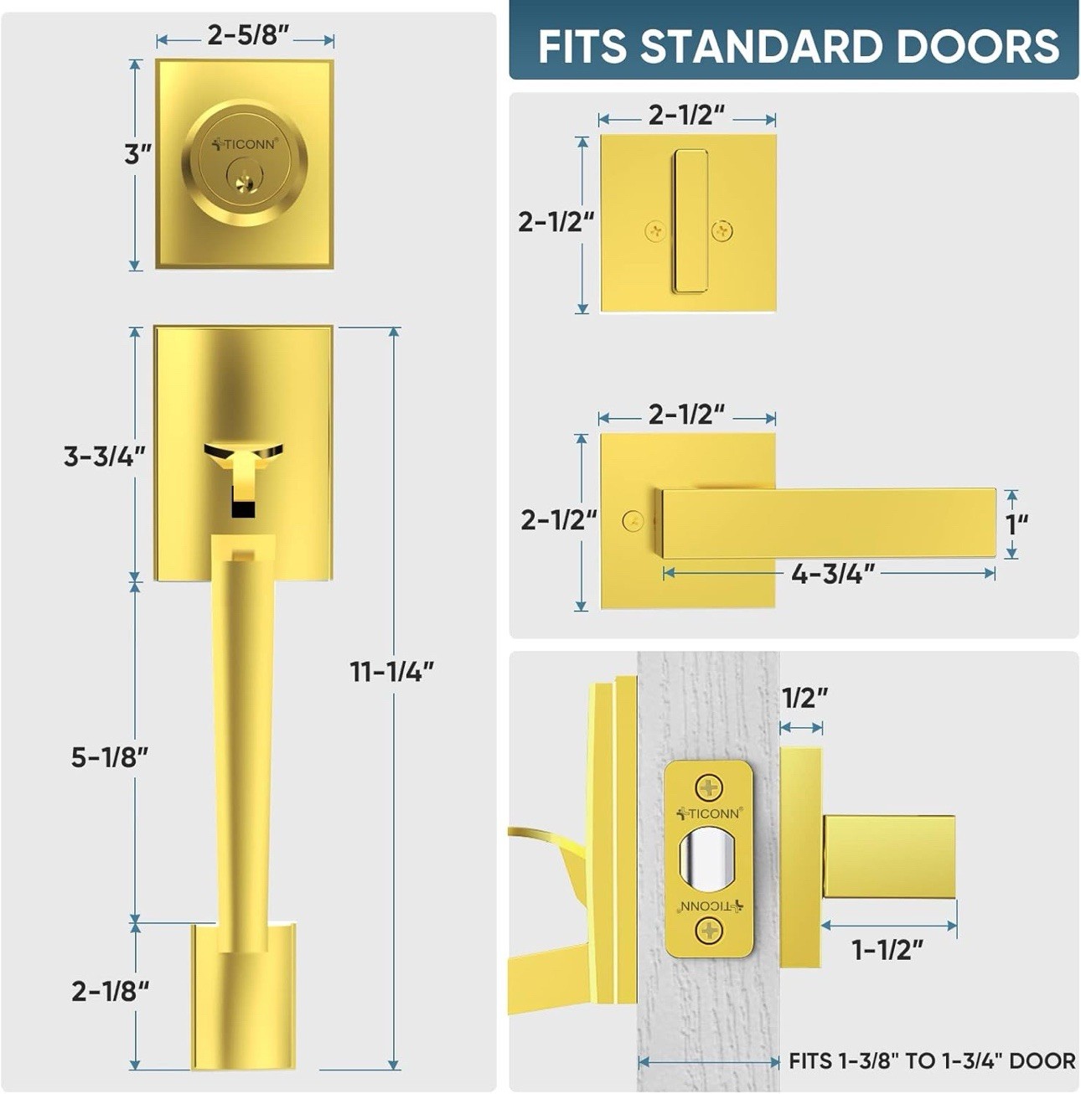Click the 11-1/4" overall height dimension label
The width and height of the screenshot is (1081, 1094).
pyautogui.click(x=392, y=672)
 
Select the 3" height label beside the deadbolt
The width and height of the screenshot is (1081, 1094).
pyautogui.click(x=138, y=154)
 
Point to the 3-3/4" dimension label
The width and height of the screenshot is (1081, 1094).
pyautogui.click(x=105, y=457)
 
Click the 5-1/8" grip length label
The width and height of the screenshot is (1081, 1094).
pyautogui.click(x=110, y=757)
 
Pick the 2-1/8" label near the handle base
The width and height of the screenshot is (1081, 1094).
pyautogui.click(x=111, y=992)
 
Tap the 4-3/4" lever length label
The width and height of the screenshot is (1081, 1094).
pyautogui.click(x=833, y=574)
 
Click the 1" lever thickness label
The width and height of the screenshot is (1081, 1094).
pyautogui.click(x=1018, y=524)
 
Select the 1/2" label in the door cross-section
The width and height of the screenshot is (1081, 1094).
pyautogui.click(x=805, y=698)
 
